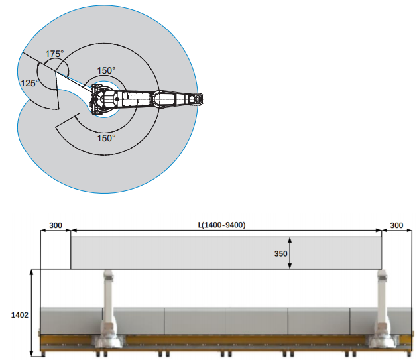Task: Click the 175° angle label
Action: click(54, 54)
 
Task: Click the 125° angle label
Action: click(30, 83)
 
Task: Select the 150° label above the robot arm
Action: click(106, 70)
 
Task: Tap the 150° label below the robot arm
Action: click(106, 138)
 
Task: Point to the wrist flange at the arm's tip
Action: click(198, 99)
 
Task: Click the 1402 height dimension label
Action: click(19, 315)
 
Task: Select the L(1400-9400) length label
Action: click(222, 225)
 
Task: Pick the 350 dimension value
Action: click(281, 253)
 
